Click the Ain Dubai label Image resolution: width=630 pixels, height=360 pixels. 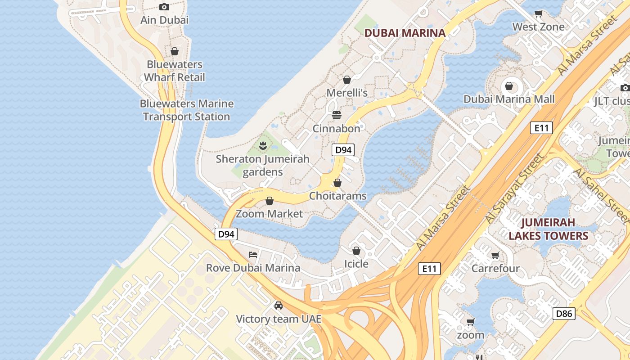[x=164, y=20]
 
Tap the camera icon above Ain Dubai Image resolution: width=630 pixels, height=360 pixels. [x=164, y=7]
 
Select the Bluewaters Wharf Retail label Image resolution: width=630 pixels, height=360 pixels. [x=175, y=71]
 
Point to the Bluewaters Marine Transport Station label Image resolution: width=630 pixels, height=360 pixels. [x=187, y=110]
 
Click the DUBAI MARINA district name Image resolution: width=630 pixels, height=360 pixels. [x=405, y=33]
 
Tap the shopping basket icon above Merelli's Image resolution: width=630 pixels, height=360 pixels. [x=347, y=80]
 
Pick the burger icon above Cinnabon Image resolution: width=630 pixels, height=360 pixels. [x=336, y=115]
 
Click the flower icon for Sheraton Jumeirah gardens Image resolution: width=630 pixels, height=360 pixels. [x=263, y=146]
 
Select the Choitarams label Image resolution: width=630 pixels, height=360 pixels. [x=337, y=196]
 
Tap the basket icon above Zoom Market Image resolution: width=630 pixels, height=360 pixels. [x=270, y=201]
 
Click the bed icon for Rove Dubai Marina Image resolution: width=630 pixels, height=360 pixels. [x=253, y=255]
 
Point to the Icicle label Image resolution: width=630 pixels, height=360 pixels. [x=356, y=264]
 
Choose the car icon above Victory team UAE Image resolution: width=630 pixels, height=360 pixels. [x=279, y=306]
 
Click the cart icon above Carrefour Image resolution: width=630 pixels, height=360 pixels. [x=495, y=256]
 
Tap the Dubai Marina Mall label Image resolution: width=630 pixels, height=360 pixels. [x=509, y=99]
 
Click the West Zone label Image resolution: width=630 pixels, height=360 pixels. [x=538, y=27]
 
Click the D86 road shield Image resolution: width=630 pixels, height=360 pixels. [x=563, y=313]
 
